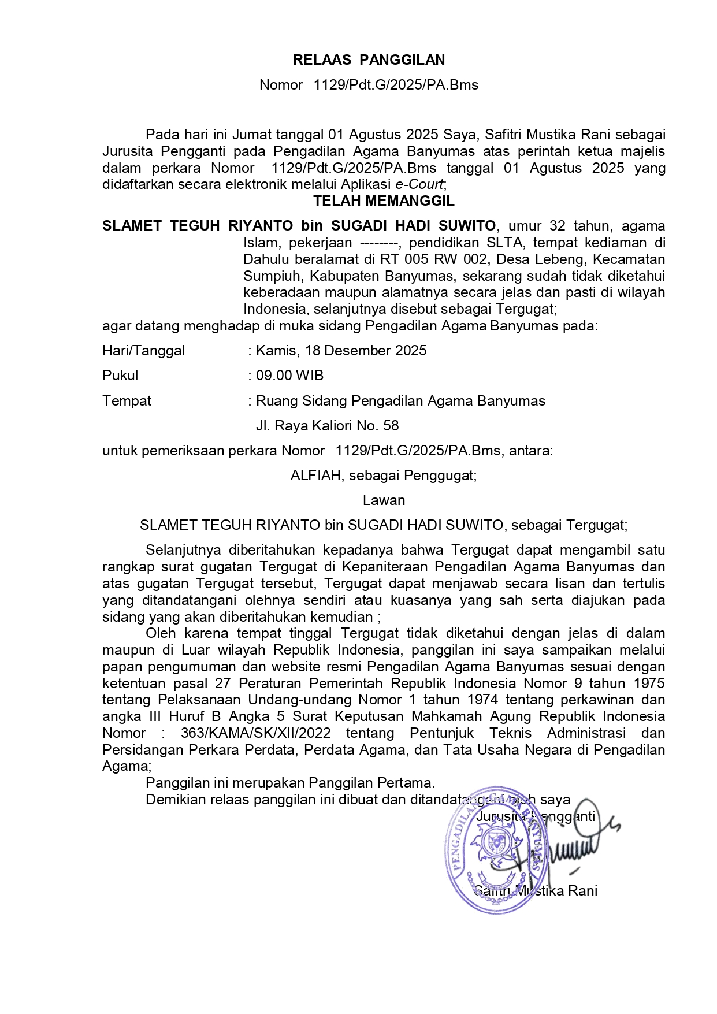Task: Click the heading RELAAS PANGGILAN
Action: pyautogui.click(x=369, y=60)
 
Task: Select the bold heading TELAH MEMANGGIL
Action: pyautogui.click(x=384, y=201)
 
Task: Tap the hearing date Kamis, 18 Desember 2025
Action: pyautogui.click(x=341, y=351)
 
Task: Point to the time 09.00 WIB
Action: pyautogui.click(x=289, y=376)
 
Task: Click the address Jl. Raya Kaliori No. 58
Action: pyautogui.click(x=327, y=426)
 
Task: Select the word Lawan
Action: pyautogui.click(x=384, y=500)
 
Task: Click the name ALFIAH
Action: pyautogui.click(x=317, y=476)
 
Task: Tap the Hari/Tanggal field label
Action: pyautogui.click(x=143, y=351)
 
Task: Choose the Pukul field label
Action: pyautogui.click(x=120, y=376)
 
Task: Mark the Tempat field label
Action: pyautogui.click(x=127, y=401)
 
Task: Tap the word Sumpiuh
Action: pyautogui.click(x=270, y=276)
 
